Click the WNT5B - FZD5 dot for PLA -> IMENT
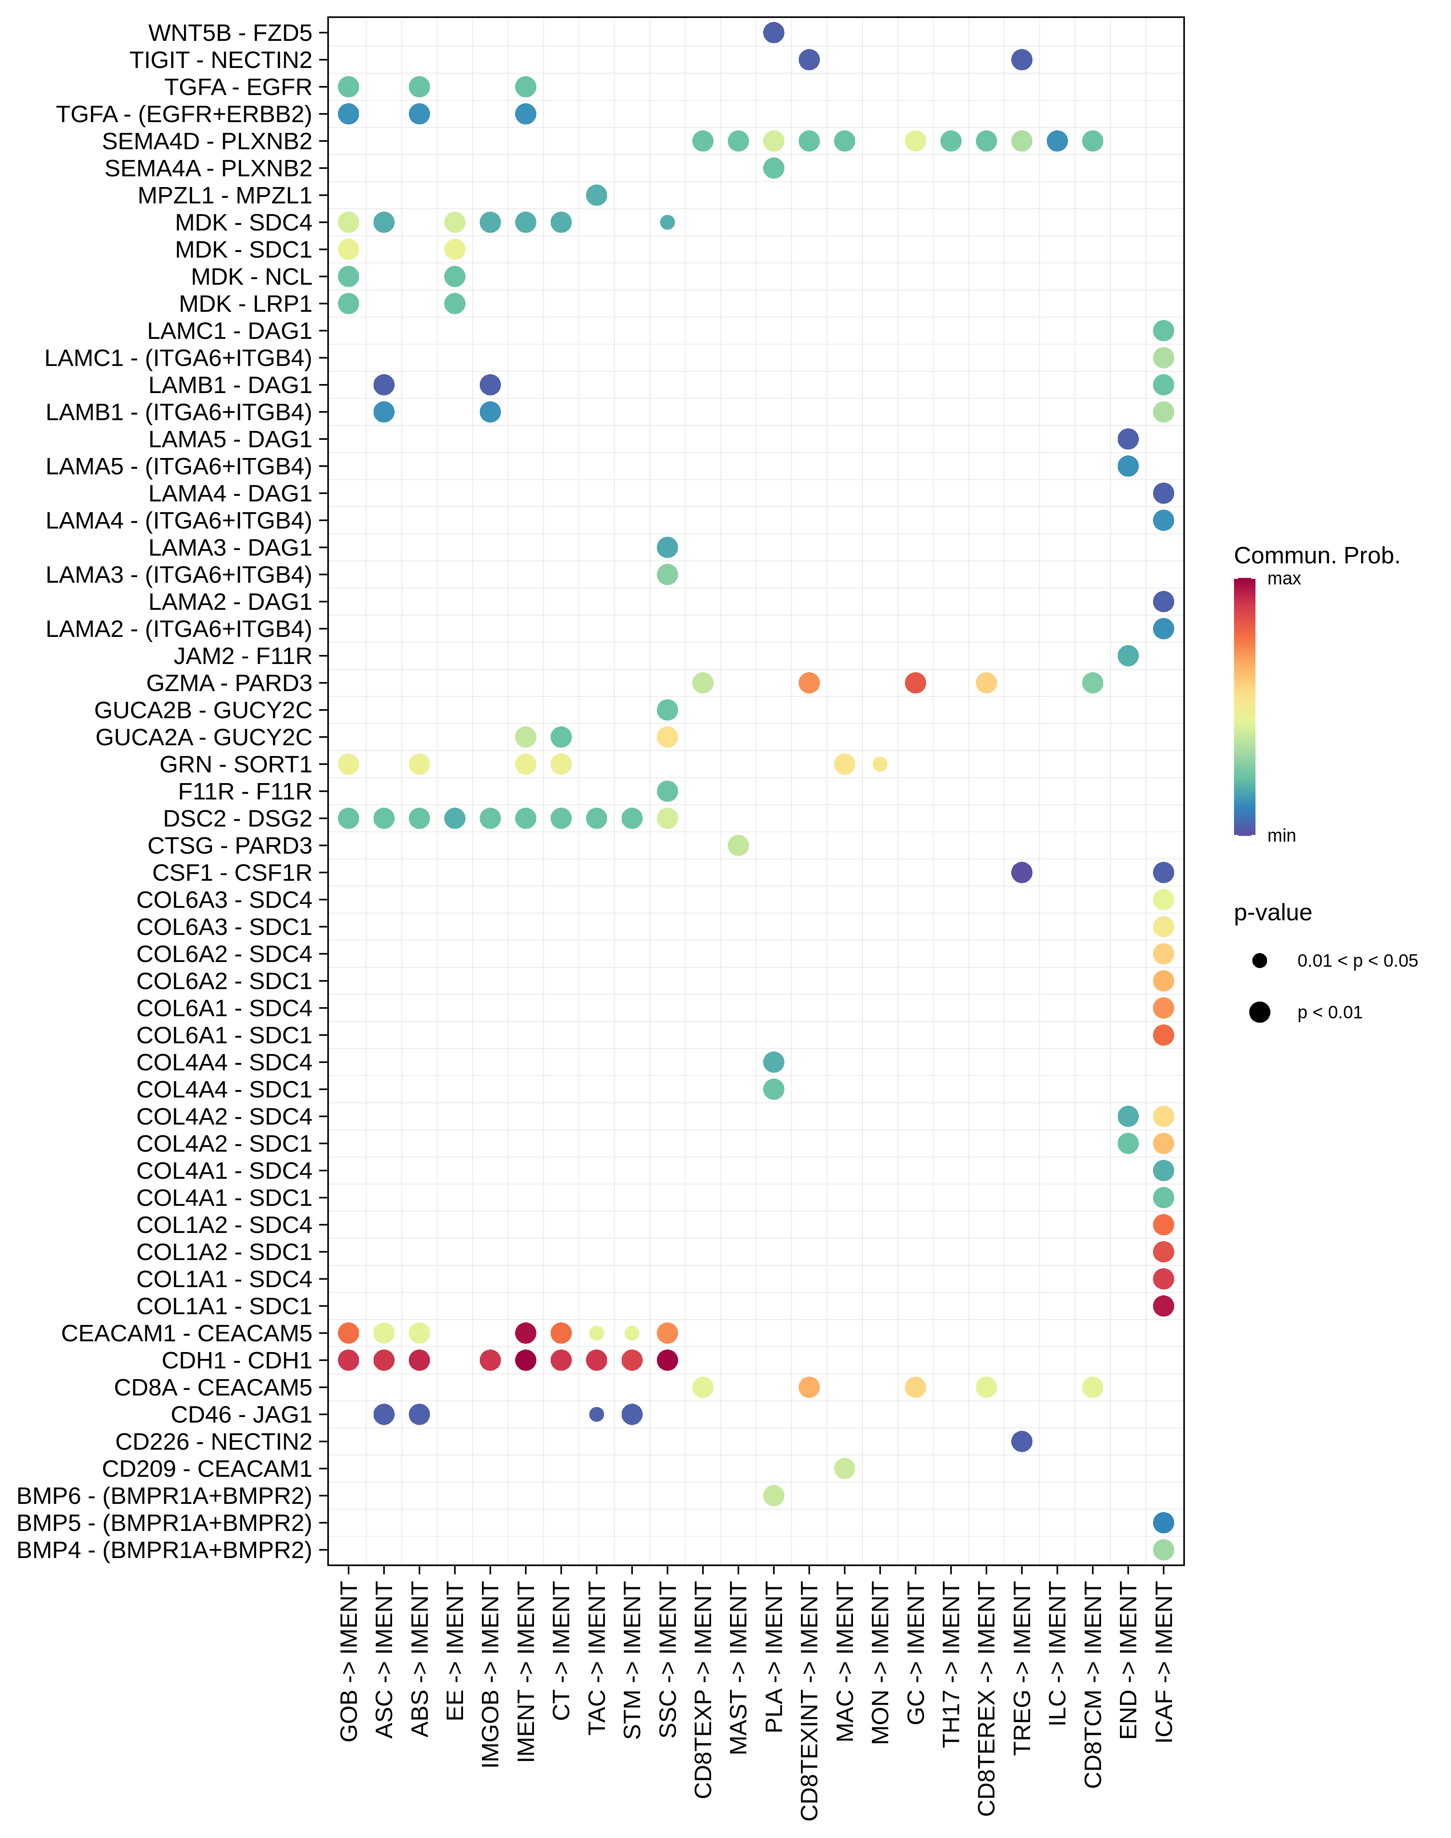pyautogui.click(x=773, y=32)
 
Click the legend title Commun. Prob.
pyautogui.click(x=1316, y=556)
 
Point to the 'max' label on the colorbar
pyautogui.click(x=1284, y=579)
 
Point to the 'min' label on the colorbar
pyautogui.click(x=1281, y=835)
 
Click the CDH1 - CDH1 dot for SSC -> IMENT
pyautogui.click(x=668, y=1360)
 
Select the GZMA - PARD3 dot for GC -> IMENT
pyautogui.click(x=915, y=682)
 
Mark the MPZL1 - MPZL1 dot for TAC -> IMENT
pyautogui.click(x=596, y=195)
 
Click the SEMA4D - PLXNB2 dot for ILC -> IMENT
pyautogui.click(x=1057, y=141)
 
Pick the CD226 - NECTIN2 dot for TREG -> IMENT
pyautogui.click(x=1022, y=1441)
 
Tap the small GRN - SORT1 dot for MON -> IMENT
pyautogui.click(x=880, y=764)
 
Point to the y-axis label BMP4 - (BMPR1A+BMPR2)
pyautogui.click(x=164, y=1550)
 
